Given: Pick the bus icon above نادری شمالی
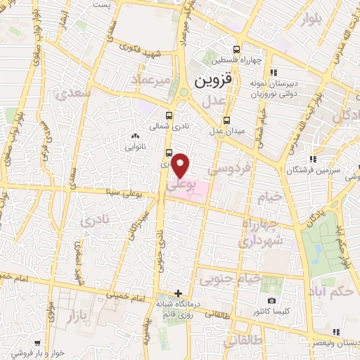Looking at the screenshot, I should [169, 116].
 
